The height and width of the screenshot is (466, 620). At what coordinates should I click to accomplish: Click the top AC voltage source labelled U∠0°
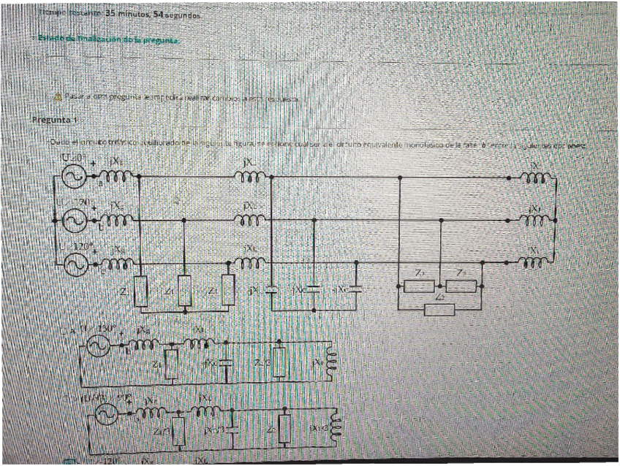[76, 177]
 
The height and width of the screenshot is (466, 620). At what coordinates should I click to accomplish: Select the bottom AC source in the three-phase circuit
[76, 264]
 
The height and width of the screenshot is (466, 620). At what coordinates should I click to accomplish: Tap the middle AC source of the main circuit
[76, 219]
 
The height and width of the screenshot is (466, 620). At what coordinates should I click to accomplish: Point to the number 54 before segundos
[160, 13]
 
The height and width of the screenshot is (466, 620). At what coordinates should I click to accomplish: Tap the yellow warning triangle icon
[57, 97]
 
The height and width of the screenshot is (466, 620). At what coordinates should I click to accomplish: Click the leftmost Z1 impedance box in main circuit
[141, 292]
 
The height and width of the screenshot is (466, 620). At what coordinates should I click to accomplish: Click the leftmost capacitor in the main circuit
[271, 290]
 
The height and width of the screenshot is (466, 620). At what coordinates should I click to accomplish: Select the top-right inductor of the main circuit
[537, 177]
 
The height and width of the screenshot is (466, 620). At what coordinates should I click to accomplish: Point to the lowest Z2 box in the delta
[438, 310]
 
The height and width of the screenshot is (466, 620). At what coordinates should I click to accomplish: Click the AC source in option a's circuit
[97, 348]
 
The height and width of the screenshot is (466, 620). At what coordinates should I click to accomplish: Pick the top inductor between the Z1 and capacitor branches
[249, 177]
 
